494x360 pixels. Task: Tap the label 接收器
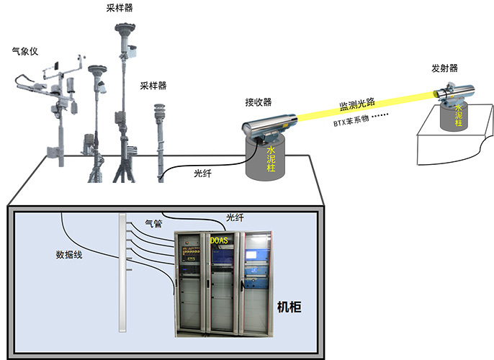pyautogui.click(x=259, y=102)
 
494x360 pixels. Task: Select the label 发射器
pyautogui.click(x=445, y=68)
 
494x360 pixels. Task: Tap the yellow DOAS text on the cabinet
pyautogui.click(x=219, y=239)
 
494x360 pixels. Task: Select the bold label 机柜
pyautogui.click(x=289, y=307)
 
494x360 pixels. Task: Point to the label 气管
pyautogui.click(x=154, y=224)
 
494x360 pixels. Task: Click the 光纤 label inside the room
pyautogui.click(x=235, y=217)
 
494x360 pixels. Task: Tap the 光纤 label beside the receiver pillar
pyautogui.click(x=204, y=173)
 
